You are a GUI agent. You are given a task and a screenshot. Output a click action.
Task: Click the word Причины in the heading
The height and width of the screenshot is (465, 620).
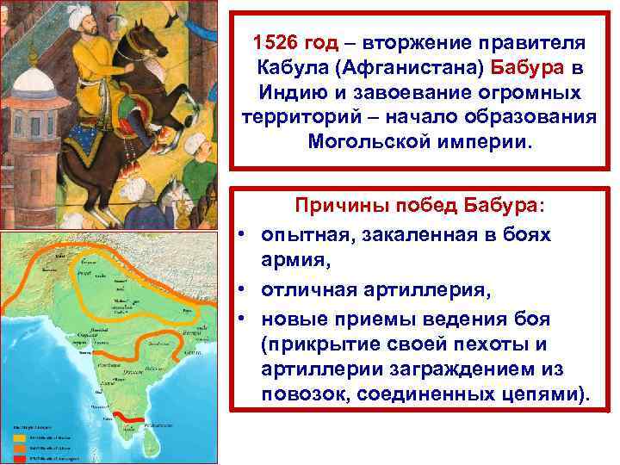point(339,207)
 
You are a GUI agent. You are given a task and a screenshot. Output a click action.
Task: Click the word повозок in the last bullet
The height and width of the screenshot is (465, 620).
point(307,395)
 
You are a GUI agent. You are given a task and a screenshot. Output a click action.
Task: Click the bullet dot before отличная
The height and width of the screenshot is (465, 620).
point(245,293)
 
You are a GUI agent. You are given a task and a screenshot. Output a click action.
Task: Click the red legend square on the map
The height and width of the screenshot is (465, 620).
point(19,456)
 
